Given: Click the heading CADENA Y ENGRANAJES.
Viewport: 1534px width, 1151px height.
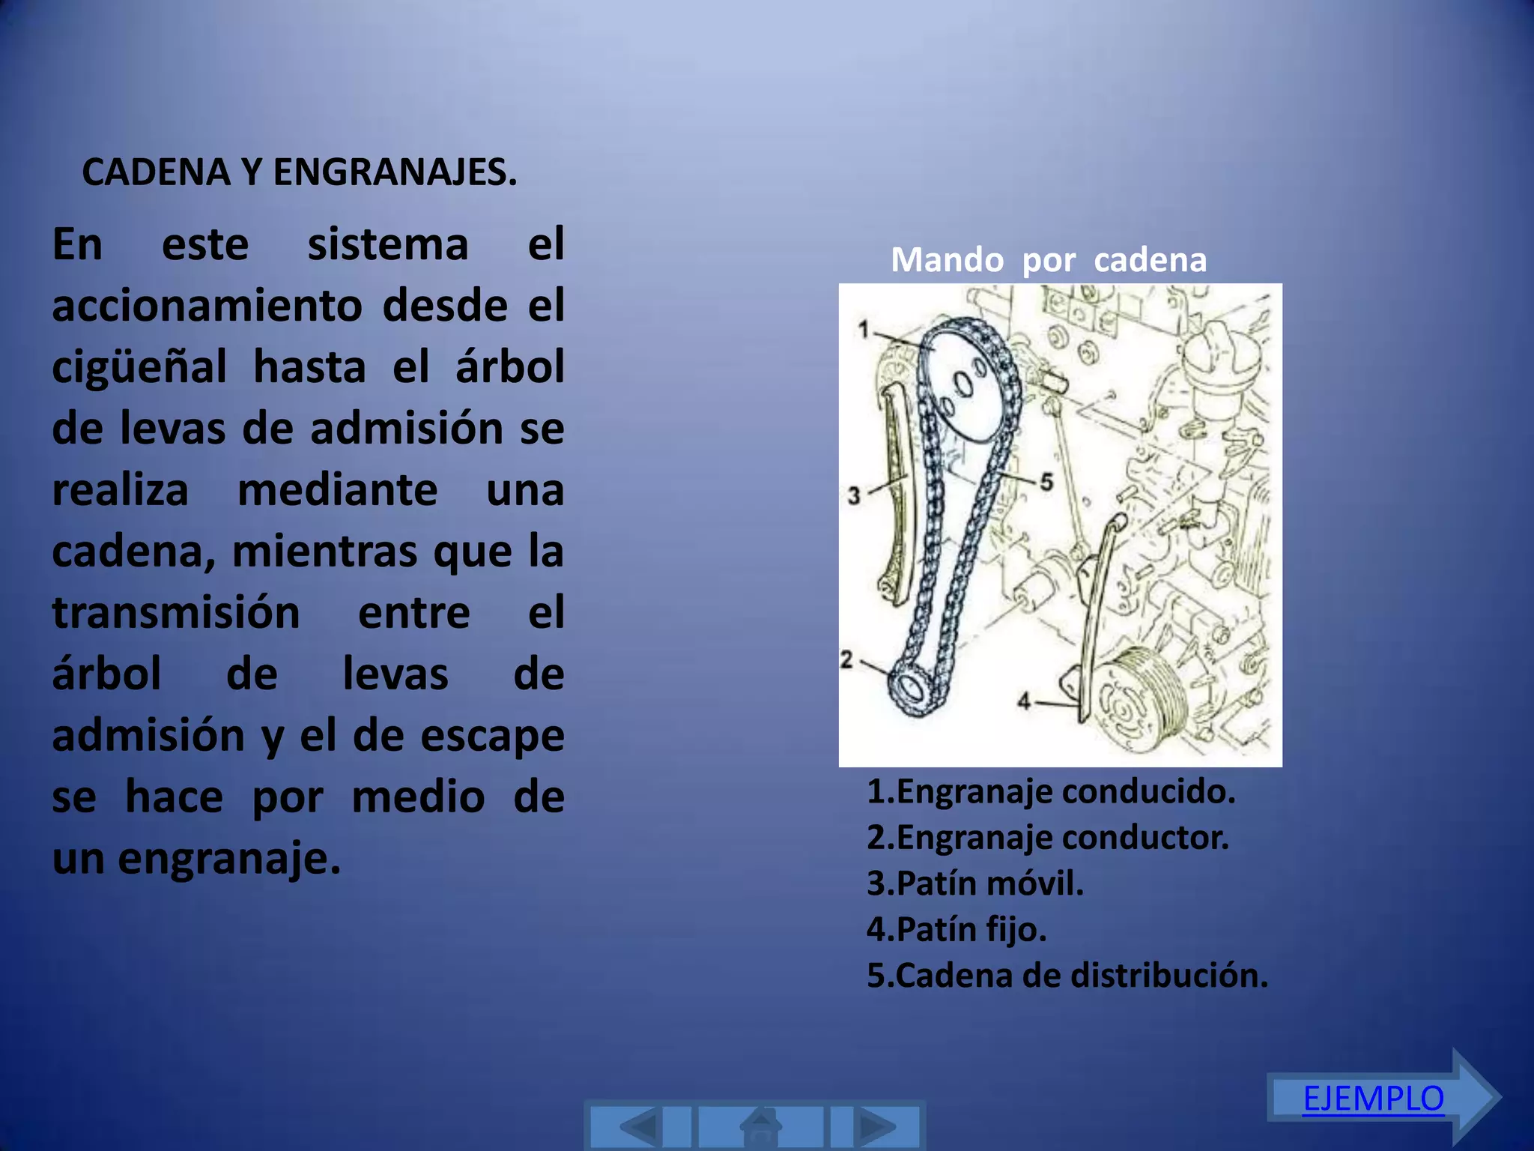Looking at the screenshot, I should click(x=299, y=172).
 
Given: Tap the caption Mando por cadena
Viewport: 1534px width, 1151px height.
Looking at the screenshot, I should click(x=1048, y=260).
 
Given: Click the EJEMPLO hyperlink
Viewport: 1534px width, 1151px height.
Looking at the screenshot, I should click(x=1373, y=1099).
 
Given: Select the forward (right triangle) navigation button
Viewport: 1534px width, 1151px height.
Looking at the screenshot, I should click(x=875, y=1126).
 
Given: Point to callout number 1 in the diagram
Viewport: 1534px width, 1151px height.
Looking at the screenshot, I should click(x=864, y=329).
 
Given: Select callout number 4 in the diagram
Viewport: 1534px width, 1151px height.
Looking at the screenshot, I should click(x=1024, y=701).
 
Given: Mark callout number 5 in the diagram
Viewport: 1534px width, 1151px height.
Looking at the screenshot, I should click(x=1046, y=482).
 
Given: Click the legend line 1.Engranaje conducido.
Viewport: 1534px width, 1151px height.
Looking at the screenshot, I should click(x=1051, y=791).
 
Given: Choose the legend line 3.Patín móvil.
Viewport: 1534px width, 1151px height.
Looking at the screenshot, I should click(x=975, y=883).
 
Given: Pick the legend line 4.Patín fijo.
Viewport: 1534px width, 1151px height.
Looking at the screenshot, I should click(x=957, y=929).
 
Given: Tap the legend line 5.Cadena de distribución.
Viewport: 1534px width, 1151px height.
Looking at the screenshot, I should click(x=1067, y=976).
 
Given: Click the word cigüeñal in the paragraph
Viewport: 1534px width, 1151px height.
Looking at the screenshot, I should click(x=139, y=368).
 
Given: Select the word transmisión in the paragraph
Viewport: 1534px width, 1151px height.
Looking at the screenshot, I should click(x=176, y=613).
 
